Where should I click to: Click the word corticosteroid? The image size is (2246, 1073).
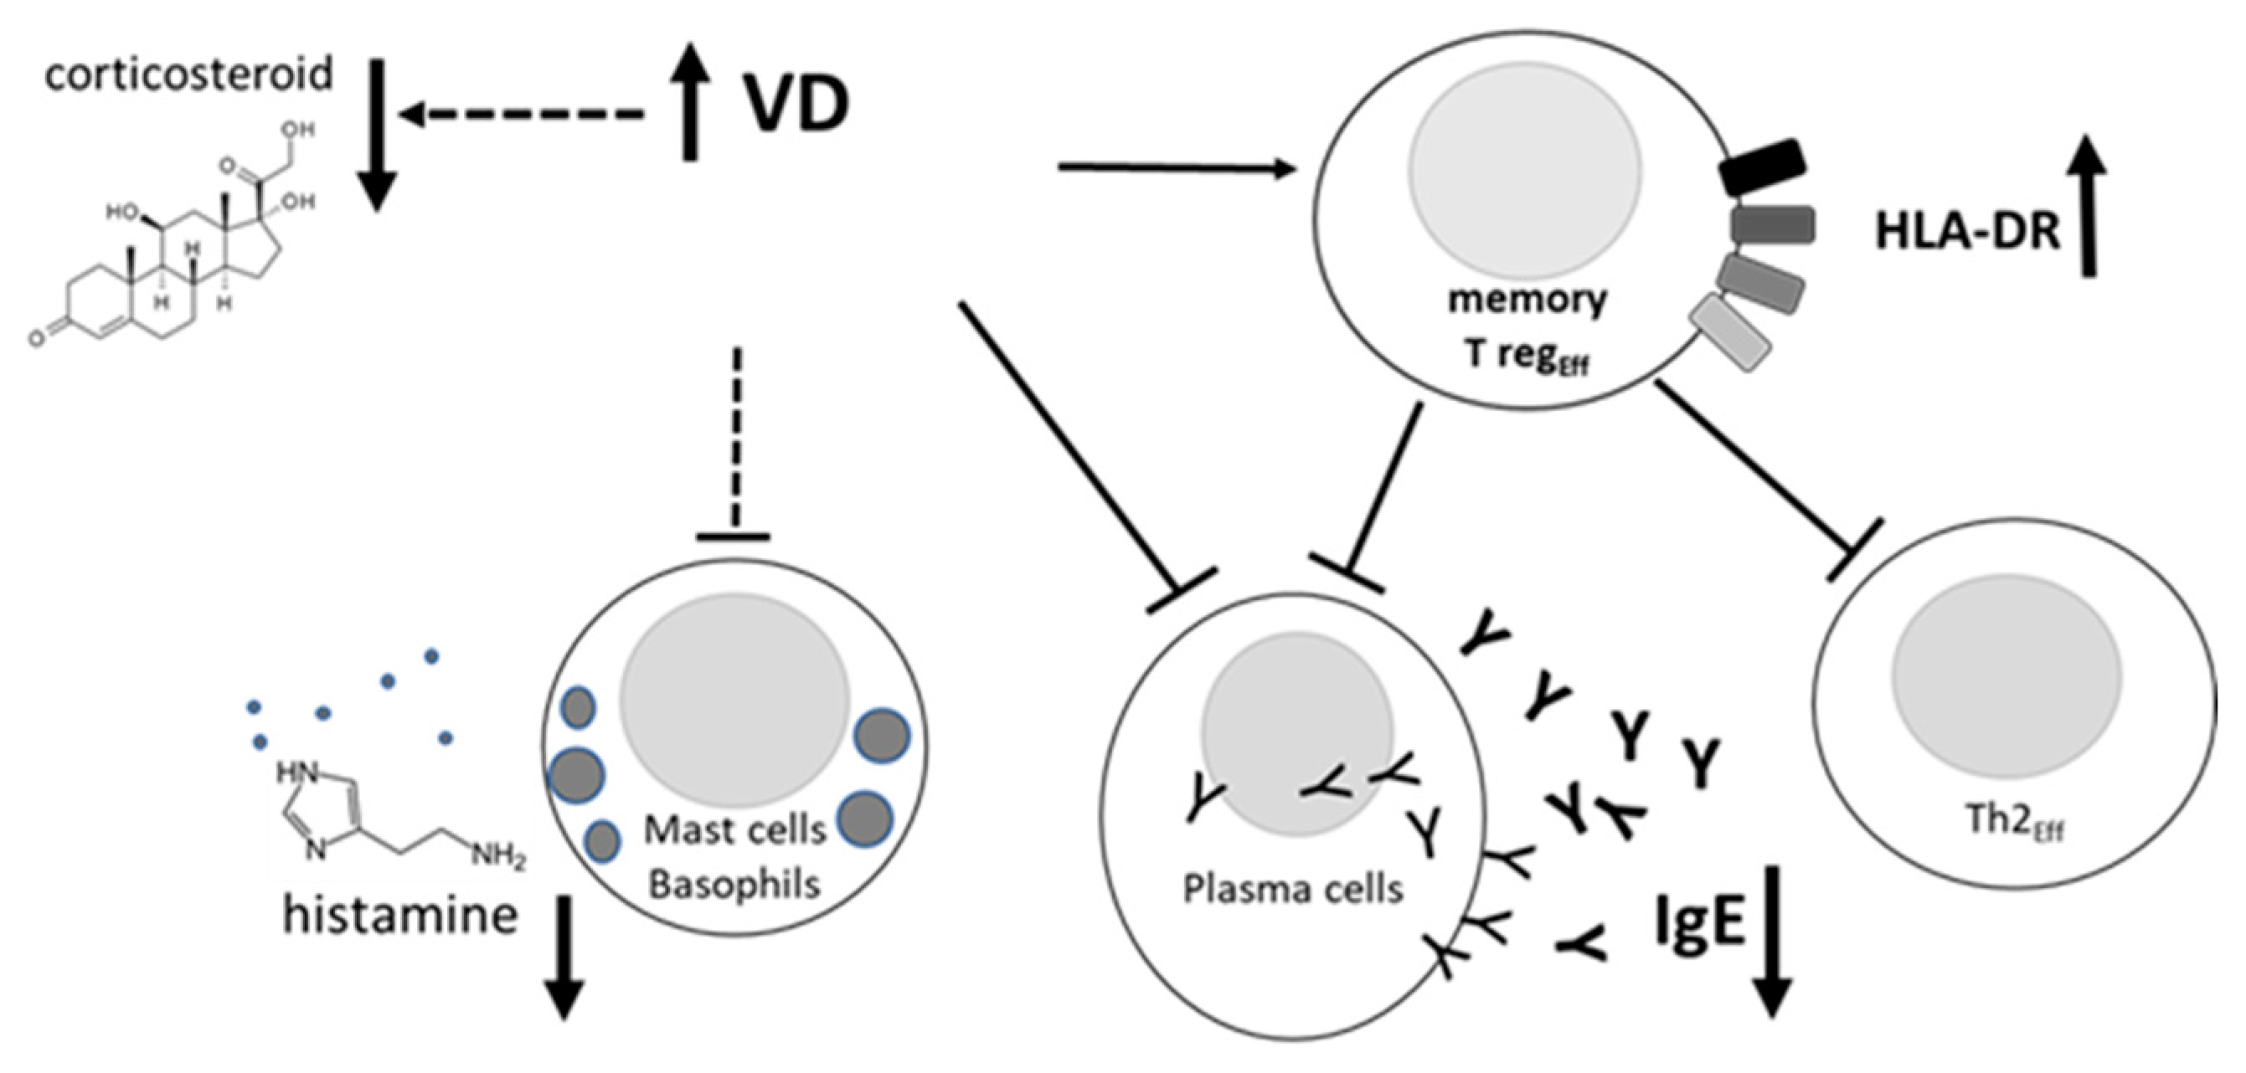(188, 75)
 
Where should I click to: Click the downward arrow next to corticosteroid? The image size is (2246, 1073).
(377, 144)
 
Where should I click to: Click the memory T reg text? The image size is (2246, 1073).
(1527, 328)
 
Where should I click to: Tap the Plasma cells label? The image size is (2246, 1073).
(1293, 889)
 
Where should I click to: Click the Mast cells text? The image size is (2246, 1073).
(735, 829)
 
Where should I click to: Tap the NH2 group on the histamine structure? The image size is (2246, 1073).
(497, 858)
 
